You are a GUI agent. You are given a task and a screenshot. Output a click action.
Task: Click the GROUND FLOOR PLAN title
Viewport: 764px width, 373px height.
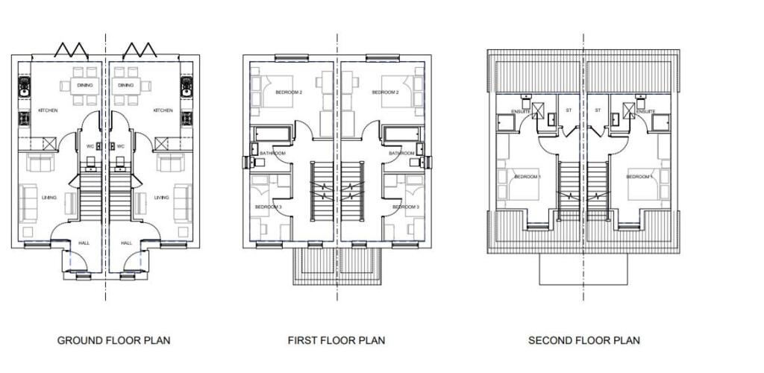click(x=113, y=341)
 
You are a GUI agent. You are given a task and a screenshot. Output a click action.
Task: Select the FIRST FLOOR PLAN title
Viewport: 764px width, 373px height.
click(x=336, y=341)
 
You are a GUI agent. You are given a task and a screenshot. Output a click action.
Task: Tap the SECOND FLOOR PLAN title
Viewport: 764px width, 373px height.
click(x=583, y=341)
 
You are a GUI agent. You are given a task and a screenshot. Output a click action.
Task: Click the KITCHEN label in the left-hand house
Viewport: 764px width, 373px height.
click(x=48, y=110)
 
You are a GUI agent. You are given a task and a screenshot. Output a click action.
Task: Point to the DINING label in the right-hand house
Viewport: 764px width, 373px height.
click(x=125, y=85)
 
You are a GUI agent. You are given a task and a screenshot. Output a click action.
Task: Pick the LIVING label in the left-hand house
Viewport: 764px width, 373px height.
click(x=49, y=198)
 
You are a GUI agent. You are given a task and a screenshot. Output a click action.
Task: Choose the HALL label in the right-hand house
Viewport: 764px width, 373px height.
click(x=126, y=242)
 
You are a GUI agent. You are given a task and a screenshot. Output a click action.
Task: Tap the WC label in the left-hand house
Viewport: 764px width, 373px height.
click(x=90, y=146)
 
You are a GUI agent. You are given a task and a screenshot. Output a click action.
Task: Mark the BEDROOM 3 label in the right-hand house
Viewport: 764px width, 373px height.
click(x=405, y=207)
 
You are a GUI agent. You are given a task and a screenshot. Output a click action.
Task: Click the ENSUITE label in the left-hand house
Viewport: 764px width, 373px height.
click(x=520, y=112)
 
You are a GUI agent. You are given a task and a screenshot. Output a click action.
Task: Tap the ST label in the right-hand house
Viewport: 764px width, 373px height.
click(x=598, y=110)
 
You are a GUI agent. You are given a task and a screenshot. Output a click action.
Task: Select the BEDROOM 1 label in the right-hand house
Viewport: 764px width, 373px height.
click(x=639, y=177)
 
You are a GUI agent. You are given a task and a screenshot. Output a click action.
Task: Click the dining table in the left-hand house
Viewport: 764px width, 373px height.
click(x=84, y=85)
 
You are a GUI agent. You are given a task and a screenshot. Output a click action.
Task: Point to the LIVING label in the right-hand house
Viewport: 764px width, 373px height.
click(x=162, y=198)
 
